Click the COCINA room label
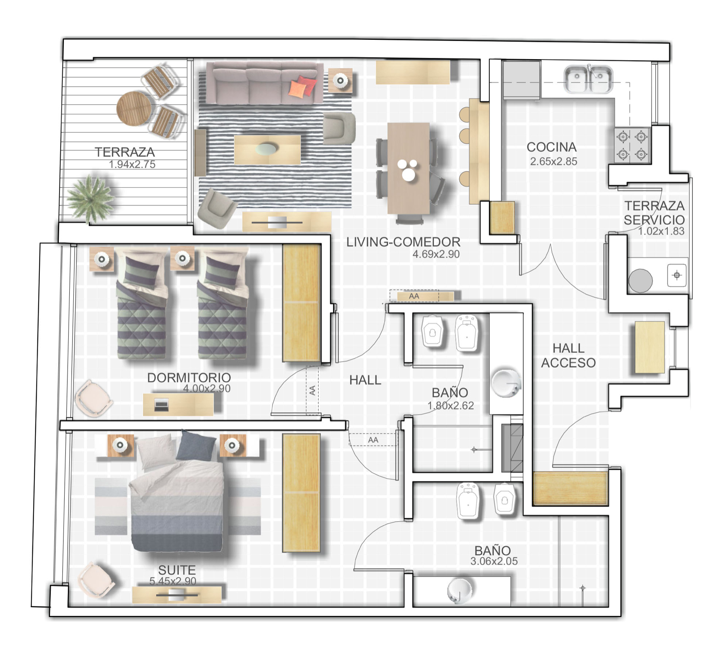click(x=551, y=147)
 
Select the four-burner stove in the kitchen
click(x=632, y=146)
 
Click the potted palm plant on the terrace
click(x=91, y=198)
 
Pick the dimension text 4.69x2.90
click(x=436, y=254)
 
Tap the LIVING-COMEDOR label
click(x=403, y=242)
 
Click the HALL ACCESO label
click(x=568, y=355)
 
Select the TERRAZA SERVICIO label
click(x=654, y=213)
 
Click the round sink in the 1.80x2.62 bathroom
click(x=506, y=383)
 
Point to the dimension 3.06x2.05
click(x=494, y=561)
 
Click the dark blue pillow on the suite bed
click(x=196, y=446)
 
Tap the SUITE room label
click(x=177, y=570)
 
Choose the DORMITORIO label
click(x=189, y=378)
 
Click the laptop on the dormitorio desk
click(x=161, y=405)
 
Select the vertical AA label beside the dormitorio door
click(x=312, y=391)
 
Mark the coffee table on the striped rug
click(x=267, y=150)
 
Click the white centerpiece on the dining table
click(x=407, y=169)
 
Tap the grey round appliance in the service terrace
click(x=640, y=281)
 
